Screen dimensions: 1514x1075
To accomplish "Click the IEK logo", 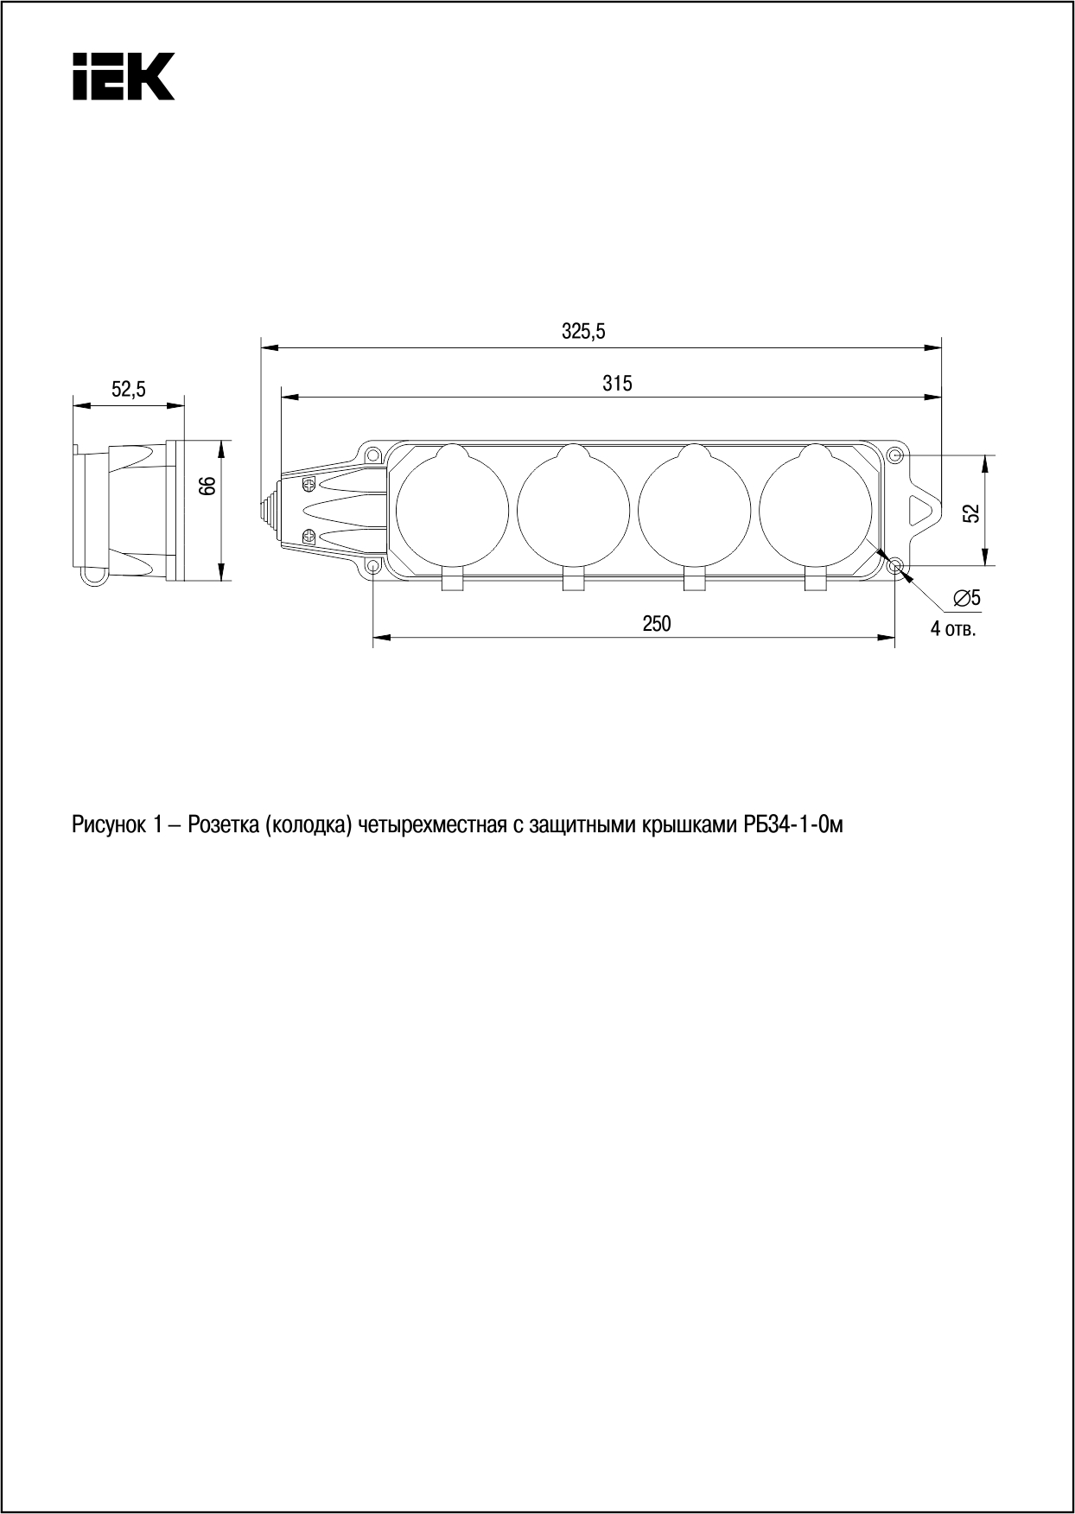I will click(x=123, y=76).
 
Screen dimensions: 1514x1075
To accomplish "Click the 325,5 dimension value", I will click(x=584, y=331).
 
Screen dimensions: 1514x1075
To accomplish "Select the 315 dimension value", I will click(x=617, y=383).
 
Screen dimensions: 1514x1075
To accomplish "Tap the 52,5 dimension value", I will click(x=129, y=390).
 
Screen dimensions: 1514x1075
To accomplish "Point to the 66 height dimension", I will click(x=207, y=486).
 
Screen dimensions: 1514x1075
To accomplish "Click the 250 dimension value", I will click(x=657, y=623).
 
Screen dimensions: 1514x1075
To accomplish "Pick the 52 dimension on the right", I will click(x=972, y=512).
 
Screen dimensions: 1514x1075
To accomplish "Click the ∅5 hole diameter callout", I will click(x=966, y=597).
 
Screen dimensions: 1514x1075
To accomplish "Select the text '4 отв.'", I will click(x=953, y=628).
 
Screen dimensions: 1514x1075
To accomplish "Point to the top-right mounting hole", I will click(x=896, y=455).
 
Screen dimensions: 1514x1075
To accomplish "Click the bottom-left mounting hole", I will click(x=373, y=567).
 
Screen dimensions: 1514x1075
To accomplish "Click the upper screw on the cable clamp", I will click(x=309, y=484).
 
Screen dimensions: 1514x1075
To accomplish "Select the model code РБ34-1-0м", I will click(x=792, y=825).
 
